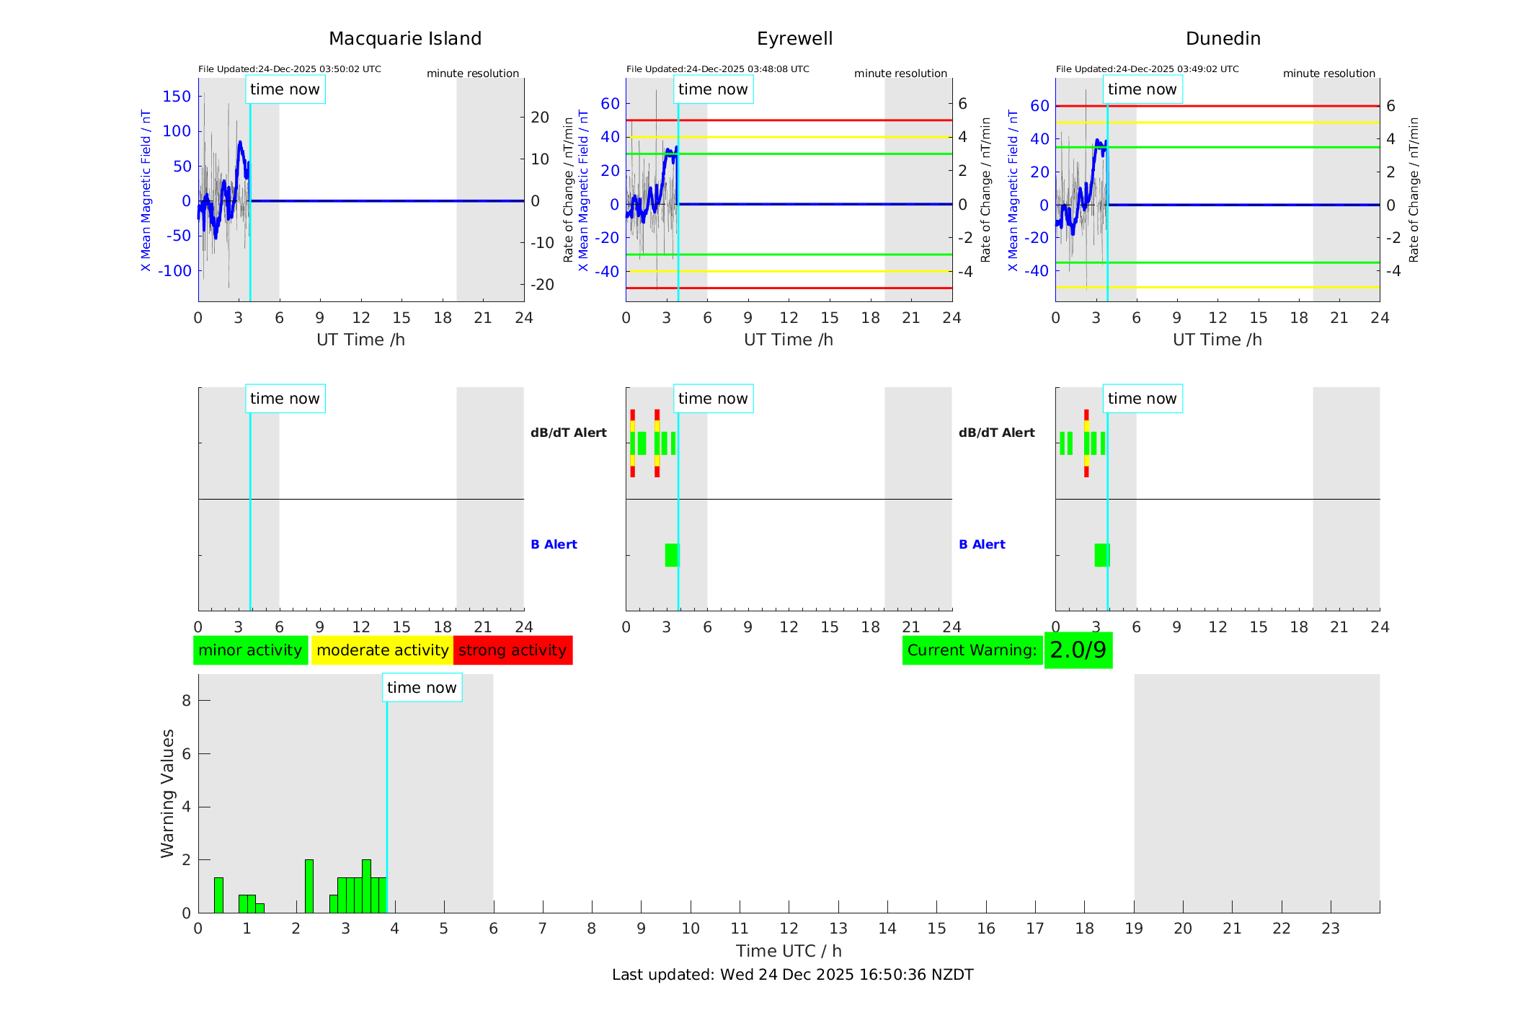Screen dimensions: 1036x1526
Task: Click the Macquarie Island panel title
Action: click(405, 39)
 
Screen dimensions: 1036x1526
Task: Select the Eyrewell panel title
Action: click(794, 39)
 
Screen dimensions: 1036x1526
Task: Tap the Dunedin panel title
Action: click(1223, 39)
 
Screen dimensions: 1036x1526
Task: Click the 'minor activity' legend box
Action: click(250, 650)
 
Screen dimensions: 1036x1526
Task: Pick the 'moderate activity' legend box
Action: click(382, 650)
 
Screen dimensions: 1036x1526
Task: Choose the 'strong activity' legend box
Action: click(513, 650)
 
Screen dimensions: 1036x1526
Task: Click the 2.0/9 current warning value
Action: click(1078, 650)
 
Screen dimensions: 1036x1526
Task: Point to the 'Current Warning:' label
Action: click(972, 650)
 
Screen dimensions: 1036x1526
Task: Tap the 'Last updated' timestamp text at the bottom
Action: click(792, 975)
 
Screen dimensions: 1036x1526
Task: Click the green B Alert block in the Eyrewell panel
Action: click(672, 555)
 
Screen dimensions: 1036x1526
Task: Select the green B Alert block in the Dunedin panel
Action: click(1101, 555)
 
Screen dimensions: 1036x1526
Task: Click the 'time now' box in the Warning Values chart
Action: click(422, 688)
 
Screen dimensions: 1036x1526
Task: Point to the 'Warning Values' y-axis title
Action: click(167, 793)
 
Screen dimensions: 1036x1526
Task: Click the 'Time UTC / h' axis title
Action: click(789, 951)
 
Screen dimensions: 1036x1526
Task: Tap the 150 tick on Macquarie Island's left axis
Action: click(177, 97)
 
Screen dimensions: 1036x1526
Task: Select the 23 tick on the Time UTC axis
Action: click(1330, 929)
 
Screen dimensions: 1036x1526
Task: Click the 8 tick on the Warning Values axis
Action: click(187, 701)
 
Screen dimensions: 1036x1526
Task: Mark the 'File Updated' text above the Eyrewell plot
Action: click(717, 69)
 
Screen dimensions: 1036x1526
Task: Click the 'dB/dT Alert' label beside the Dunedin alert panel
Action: click(996, 433)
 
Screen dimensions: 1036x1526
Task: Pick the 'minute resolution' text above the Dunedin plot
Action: click(1328, 74)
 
